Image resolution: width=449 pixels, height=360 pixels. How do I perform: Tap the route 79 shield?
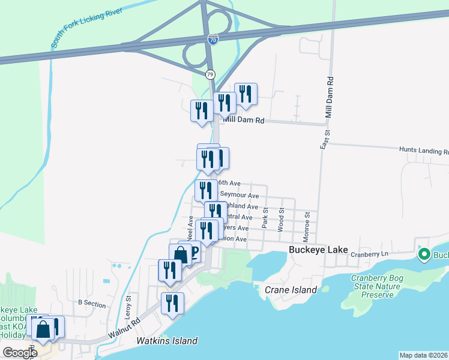coord(209,74)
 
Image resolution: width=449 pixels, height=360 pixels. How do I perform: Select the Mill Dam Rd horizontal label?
coord(244,120)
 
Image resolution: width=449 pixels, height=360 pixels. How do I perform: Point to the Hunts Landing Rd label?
coord(423,151)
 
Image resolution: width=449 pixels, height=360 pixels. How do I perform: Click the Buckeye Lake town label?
coord(315,250)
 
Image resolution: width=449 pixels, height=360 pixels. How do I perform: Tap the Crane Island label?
coord(291,290)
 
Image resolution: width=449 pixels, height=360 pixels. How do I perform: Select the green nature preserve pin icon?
coord(424,254)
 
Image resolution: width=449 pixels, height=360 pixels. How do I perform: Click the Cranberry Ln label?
coord(371,254)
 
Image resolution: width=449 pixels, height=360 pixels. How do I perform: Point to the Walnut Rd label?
coord(124,331)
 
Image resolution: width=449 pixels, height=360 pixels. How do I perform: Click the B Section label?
coord(92,304)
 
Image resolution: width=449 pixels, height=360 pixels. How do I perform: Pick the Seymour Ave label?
coord(239,195)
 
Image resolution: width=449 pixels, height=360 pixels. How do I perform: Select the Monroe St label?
coord(307,223)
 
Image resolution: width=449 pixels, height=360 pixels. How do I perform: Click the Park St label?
coord(264,219)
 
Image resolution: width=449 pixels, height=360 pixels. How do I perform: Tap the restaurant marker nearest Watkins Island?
coord(172,303)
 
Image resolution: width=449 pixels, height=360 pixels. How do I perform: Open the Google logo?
coord(20,352)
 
